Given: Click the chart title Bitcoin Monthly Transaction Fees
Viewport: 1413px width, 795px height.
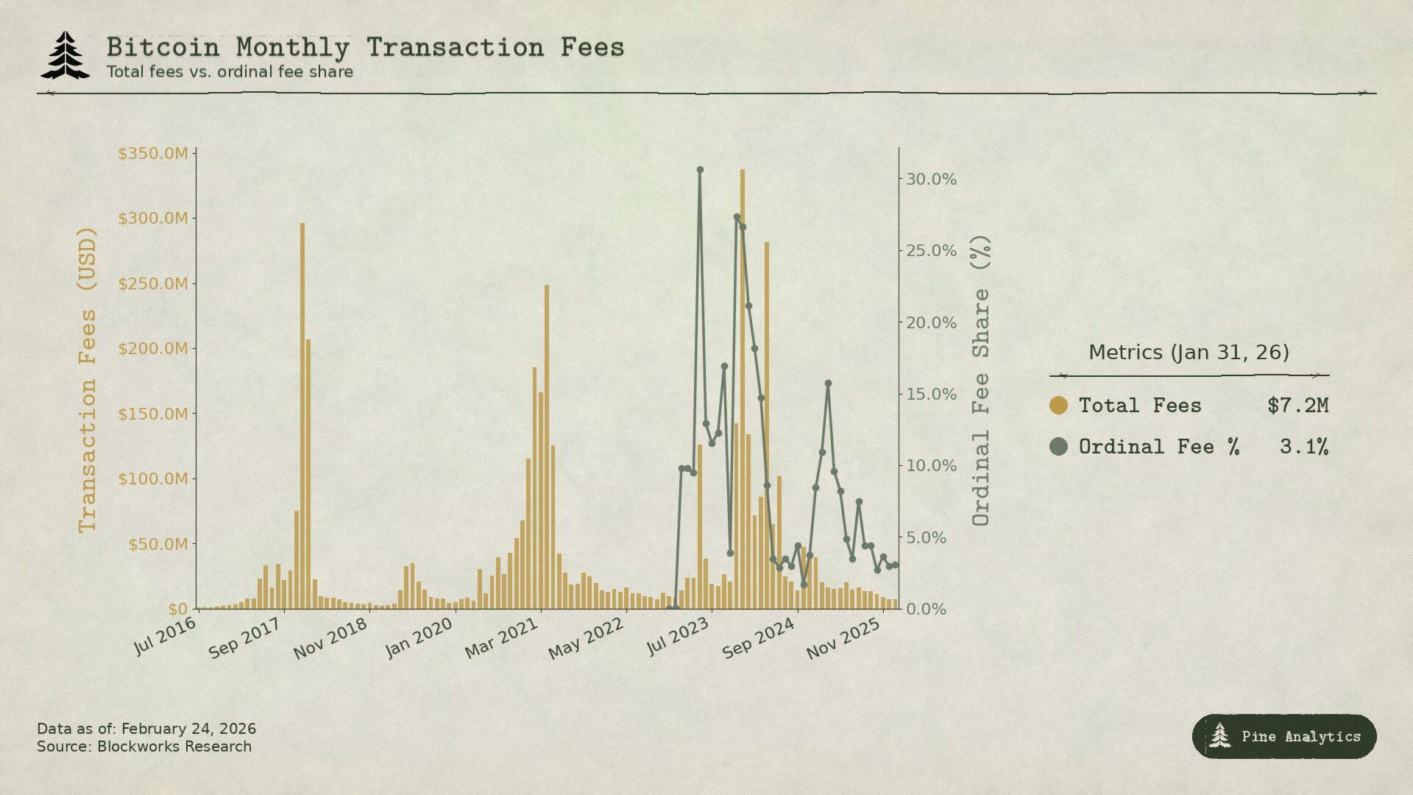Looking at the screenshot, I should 365,48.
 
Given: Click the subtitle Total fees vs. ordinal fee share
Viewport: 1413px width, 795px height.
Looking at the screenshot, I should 230,72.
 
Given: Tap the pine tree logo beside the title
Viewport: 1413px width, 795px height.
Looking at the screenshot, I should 65,54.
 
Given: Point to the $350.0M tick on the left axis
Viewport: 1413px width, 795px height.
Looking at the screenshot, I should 153,154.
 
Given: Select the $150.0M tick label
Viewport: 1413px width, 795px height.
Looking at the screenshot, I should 153,414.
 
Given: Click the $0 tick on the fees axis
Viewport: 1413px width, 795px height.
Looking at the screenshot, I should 178,609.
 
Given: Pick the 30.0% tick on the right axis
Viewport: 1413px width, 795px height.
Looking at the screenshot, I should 931,180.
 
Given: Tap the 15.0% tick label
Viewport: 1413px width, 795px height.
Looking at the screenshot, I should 931,395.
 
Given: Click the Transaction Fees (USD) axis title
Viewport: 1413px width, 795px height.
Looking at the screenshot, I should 88,379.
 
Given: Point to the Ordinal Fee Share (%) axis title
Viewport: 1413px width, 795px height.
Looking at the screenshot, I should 981,380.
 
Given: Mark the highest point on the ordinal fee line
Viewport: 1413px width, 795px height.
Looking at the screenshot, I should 700,170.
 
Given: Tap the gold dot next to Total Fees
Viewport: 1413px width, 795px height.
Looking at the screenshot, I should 1058,406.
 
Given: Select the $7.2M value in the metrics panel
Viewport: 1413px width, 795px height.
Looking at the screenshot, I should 1297,406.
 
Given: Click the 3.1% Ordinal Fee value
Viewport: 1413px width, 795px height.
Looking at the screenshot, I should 1303,447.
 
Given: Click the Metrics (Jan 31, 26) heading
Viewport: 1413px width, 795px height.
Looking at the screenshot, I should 1189,353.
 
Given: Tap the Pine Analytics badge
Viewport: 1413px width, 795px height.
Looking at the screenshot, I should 1284,736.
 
